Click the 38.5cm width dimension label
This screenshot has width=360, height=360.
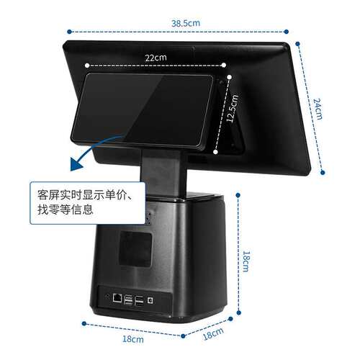pos(186,23)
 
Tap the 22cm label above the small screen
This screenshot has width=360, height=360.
pos(156,58)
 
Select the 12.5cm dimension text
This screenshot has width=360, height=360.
pos(233,108)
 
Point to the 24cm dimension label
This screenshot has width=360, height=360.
pos(318,109)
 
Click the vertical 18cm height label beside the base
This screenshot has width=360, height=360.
pos(246,261)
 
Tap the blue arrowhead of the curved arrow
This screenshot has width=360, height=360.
pos(76,163)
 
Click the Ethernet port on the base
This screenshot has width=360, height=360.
pos(117,298)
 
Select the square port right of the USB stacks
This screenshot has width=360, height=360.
pos(150,300)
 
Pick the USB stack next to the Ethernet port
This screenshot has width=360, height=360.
pos(129,300)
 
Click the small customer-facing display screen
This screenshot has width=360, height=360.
pos(142,110)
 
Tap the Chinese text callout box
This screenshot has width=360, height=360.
pos(88,203)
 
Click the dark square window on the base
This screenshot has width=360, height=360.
pos(136,249)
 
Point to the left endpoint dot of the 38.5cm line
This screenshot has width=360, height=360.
pos(69,32)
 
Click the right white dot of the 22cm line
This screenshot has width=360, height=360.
pos(224,65)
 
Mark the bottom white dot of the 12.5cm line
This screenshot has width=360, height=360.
pos(215,152)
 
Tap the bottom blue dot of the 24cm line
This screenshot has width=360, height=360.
pos(323,172)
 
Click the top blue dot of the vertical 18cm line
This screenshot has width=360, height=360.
pos(238,195)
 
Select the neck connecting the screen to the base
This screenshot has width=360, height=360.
pos(164,174)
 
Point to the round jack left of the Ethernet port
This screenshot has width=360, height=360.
pos(107,296)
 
